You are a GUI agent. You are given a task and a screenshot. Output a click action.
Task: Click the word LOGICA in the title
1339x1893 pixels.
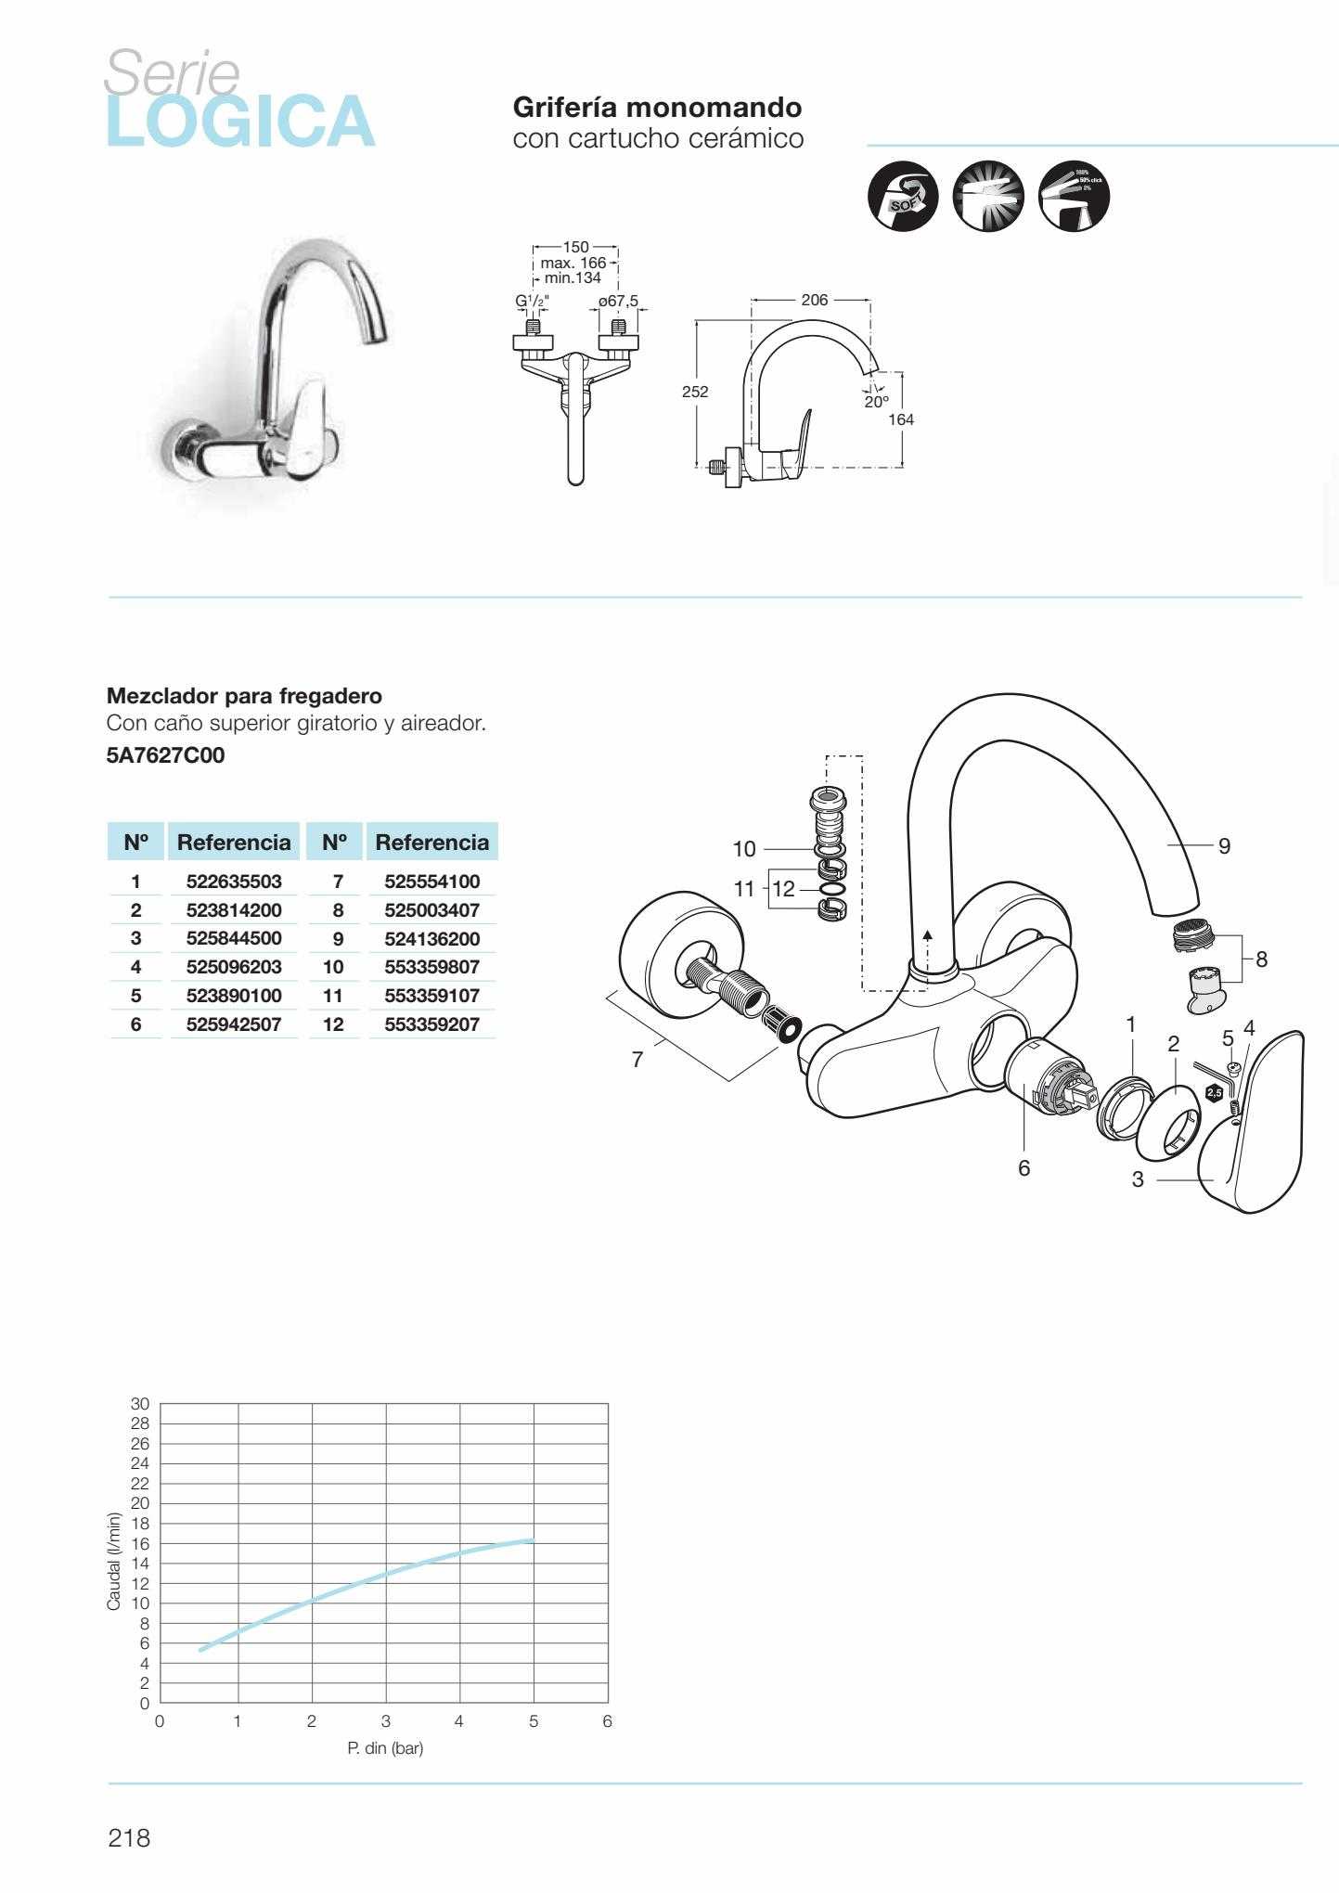(x=240, y=122)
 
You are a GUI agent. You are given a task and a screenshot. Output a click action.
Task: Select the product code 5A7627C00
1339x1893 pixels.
(x=165, y=755)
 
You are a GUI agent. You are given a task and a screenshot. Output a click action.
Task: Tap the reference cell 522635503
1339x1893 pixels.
(x=233, y=881)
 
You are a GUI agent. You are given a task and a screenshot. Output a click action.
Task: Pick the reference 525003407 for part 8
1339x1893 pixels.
(x=431, y=909)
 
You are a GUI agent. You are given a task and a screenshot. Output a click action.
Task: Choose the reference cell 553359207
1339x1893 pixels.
(x=431, y=1024)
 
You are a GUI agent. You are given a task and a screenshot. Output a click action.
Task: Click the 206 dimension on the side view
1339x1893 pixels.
(x=814, y=300)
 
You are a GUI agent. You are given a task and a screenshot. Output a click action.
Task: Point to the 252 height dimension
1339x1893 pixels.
(x=695, y=392)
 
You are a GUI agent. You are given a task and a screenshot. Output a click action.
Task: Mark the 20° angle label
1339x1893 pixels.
(x=876, y=402)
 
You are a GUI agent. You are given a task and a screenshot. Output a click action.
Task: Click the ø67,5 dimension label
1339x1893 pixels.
(x=618, y=301)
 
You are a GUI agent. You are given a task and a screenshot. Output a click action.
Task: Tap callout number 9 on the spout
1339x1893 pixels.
(x=1224, y=845)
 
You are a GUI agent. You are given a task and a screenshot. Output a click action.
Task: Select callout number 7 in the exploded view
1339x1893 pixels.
(x=637, y=1060)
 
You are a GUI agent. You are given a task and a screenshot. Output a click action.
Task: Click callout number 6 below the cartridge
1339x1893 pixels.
(x=1024, y=1167)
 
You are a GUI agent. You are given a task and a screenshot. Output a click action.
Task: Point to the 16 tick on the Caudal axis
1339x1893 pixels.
(x=140, y=1543)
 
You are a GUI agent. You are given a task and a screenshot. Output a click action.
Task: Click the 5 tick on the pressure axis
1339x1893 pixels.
(x=534, y=1721)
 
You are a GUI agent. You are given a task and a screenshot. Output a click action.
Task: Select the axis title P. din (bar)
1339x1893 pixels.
(x=385, y=1748)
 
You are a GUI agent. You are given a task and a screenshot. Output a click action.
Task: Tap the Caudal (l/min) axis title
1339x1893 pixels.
(x=114, y=1562)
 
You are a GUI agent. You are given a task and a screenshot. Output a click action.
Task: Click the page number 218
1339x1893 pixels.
(x=129, y=1837)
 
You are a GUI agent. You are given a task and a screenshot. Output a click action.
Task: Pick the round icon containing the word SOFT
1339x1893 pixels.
(x=903, y=197)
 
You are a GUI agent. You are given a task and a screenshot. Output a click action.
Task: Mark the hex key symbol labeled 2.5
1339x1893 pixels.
(x=1214, y=1092)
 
